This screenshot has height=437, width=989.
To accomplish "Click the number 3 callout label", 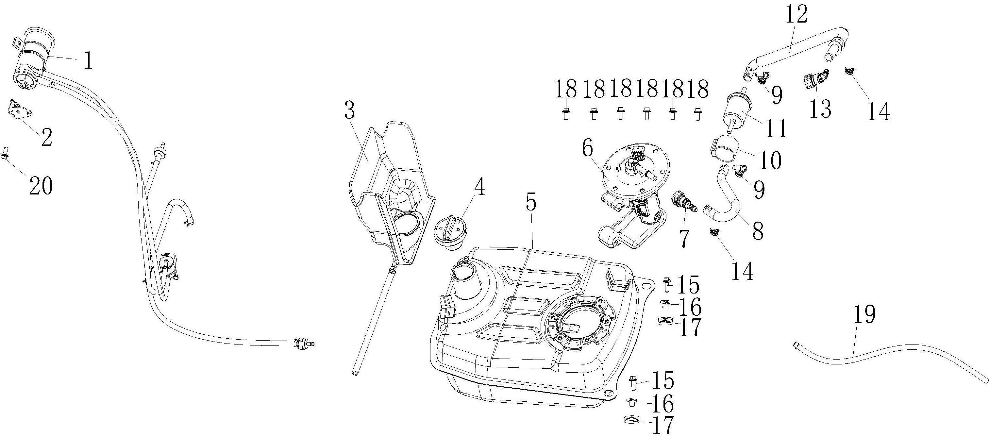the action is pyautogui.click(x=349, y=110).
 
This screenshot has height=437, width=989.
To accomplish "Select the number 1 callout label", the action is pyautogui.click(x=89, y=61).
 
